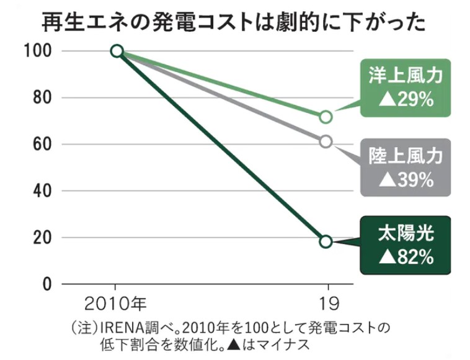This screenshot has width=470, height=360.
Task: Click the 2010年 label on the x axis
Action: (117, 304)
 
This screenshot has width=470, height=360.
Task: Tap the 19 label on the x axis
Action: (326, 304)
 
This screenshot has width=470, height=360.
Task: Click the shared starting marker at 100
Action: (117, 51)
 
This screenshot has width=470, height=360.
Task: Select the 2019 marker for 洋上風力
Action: (326, 117)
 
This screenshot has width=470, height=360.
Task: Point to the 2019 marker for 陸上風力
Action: (326, 142)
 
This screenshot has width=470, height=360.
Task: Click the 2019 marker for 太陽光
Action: (326, 241)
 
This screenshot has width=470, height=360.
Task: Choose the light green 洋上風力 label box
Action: (406, 87)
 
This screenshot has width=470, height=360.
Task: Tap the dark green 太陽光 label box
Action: (406, 245)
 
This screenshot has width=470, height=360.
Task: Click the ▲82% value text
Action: (406, 257)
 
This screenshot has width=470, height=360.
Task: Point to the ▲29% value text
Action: (406, 99)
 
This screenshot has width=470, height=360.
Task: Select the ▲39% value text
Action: (406, 179)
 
